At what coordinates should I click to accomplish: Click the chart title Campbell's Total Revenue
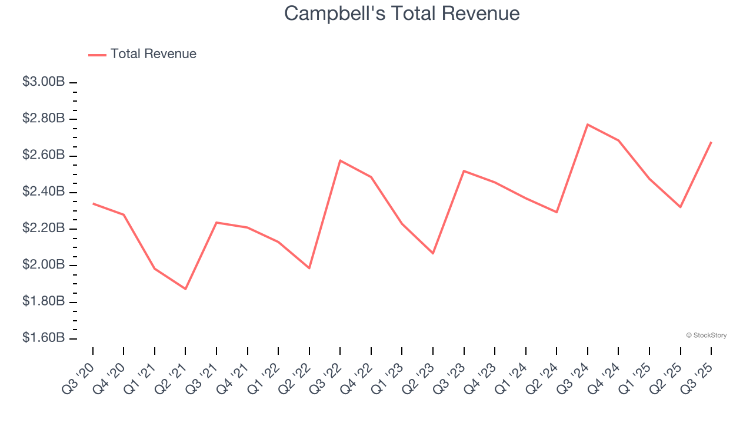coord(402,14)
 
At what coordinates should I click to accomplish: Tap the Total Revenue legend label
coord(153,54)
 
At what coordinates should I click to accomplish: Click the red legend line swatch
coord(97,55)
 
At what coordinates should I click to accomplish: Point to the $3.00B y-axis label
coord(44,82)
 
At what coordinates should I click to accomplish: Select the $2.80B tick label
coord(44,119)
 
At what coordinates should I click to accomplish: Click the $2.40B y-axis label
coord(44,192)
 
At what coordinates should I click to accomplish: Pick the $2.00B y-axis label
coord(44,265)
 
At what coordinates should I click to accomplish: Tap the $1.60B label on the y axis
coord(44,338)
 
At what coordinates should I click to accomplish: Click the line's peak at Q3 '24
coord(588,124)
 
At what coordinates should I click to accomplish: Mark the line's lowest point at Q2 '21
coord(185,289)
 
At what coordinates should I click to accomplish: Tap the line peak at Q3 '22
coord(340,160)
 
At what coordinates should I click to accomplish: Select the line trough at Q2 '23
coord(433,253)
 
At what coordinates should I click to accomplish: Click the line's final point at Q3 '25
coord(711,142)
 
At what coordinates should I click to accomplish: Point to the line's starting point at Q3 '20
coord(93,203)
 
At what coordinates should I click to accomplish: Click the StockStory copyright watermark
coord(706,335)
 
